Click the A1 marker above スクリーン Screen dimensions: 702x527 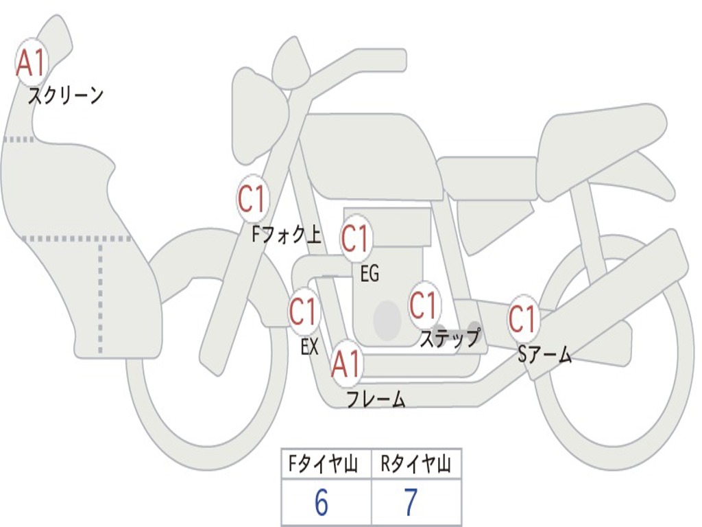[32, 62]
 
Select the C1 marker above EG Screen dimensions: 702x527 [356, 238]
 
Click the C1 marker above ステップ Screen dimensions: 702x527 [424, 305]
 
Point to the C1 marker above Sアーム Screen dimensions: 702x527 [523, 318]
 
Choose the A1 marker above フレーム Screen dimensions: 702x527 [347, 364]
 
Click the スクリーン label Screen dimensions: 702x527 [65, 95]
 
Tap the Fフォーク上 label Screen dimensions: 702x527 [287, 234]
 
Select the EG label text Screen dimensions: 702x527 [370, 273]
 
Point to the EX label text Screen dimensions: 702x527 [310, 347]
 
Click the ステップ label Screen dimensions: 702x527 [450, 338]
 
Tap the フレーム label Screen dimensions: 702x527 [376, 399]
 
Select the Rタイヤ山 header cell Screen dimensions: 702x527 [416, 464]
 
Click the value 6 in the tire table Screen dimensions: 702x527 [322, 502]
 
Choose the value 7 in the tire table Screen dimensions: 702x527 [411, 502]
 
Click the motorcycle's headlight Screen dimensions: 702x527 [258, 115]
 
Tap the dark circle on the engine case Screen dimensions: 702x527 [387, 320]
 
